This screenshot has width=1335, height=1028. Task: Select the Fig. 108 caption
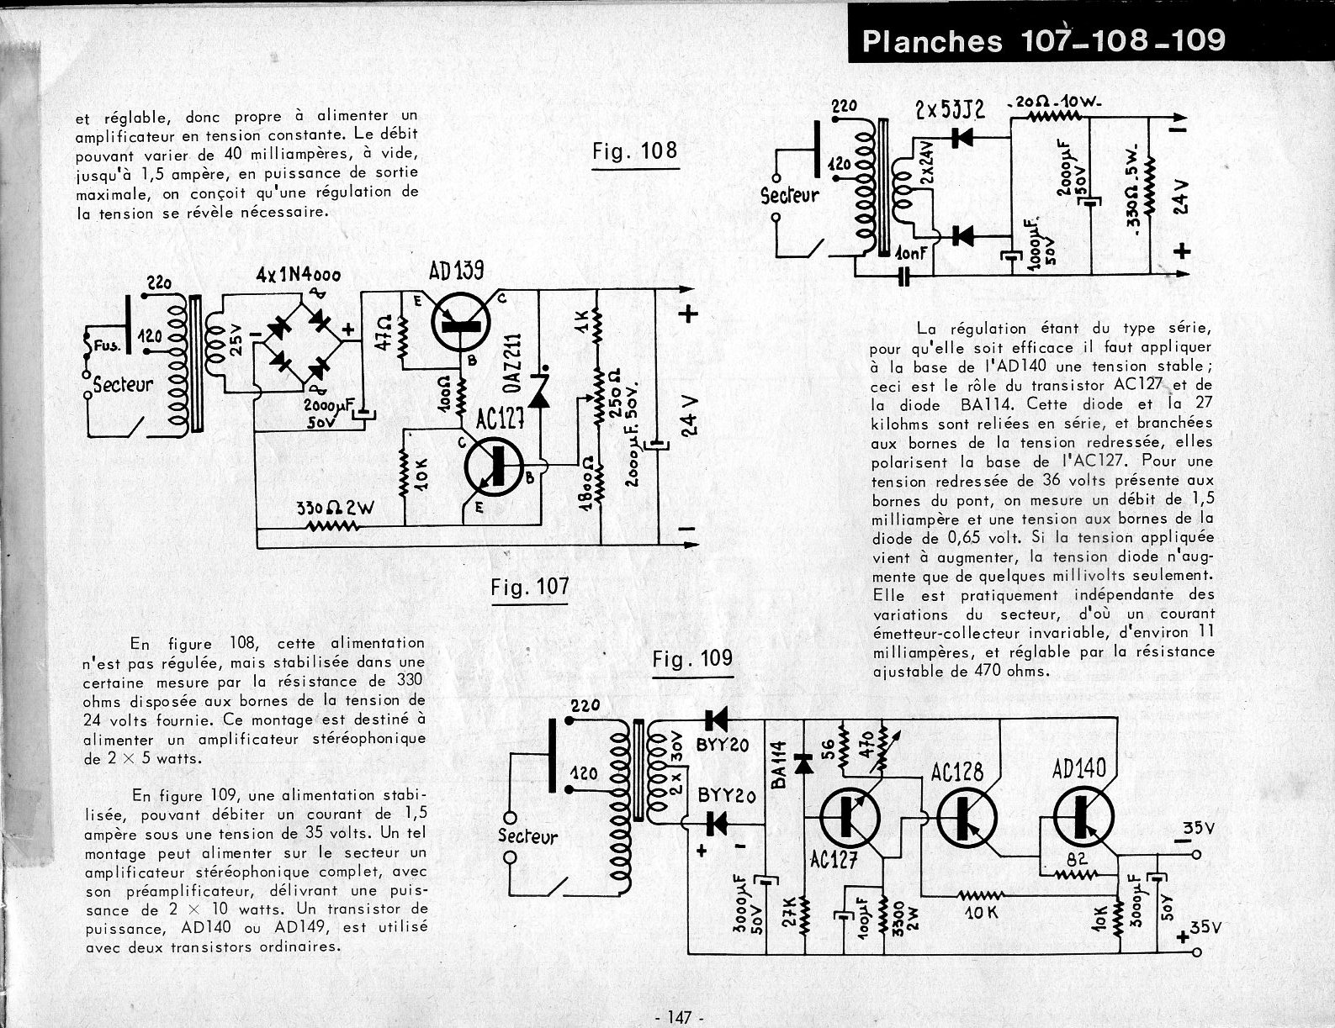tap(634, 151)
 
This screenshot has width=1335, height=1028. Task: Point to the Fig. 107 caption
tap(530, 586)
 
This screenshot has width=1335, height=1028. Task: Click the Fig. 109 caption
tap(692, 659)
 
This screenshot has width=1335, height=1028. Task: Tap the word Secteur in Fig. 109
tap(527, 836)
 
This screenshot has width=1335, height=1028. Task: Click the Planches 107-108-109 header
tap(1043, 41)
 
